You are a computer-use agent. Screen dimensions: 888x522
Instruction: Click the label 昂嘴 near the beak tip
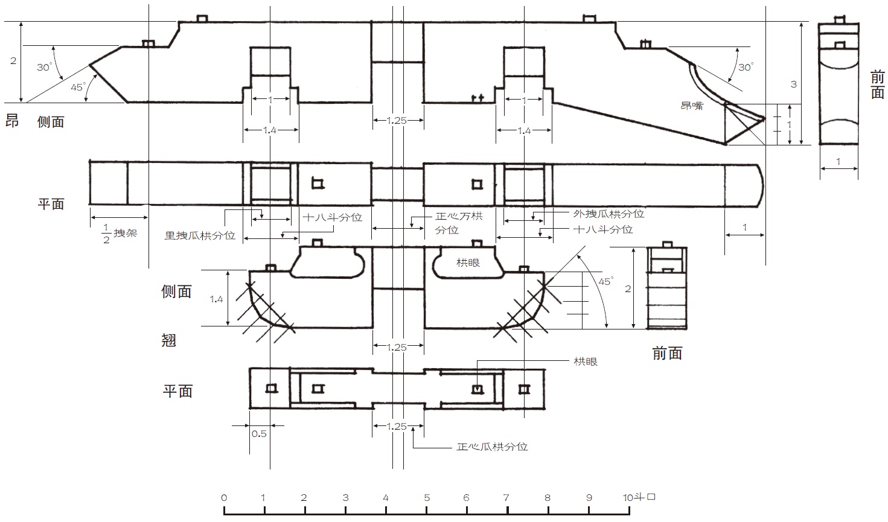click(x=692, y=106)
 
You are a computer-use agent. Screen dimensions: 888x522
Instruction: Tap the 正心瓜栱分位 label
click(x=492, y=447)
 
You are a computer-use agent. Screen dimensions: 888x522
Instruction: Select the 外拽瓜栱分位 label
click(x=609, y=214)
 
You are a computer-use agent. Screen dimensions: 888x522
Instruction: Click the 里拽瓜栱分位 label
click(x=200, y=235)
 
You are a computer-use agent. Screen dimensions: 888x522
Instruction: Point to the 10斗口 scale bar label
click(x=639, y=497)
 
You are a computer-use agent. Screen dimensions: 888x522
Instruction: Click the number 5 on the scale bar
click(x=427, y=497)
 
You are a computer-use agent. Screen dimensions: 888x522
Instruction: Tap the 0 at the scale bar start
click(x=224, y=497)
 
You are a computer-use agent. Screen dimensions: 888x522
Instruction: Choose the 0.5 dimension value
click(x=259, y=434)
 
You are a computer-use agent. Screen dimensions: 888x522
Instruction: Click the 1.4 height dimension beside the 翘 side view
click(x=216, y=299)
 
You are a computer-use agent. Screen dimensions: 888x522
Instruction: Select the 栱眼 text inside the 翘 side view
click(x=468, y=263)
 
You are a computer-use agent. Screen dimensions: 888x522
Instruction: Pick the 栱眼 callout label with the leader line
click(x=586, y=361)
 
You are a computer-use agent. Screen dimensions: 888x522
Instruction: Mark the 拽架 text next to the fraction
click(x=126, y=233)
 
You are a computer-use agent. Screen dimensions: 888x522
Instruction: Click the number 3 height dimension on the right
click(x=793, y=84)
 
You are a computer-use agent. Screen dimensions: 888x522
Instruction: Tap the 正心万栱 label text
click(x=459, y=216)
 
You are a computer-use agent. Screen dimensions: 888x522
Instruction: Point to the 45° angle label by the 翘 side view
click(x=605, y=281)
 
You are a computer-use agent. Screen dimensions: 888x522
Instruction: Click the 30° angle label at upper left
click(x=45, y=67)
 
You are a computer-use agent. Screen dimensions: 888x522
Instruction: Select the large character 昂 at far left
click(x=12, y=121)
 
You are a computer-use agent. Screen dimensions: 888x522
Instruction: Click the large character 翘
click(x=169, y=340)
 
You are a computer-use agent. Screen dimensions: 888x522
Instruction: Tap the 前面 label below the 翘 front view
click(x=667, y=353)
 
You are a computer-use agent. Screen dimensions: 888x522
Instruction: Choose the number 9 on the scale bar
click(x=589, y=497)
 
